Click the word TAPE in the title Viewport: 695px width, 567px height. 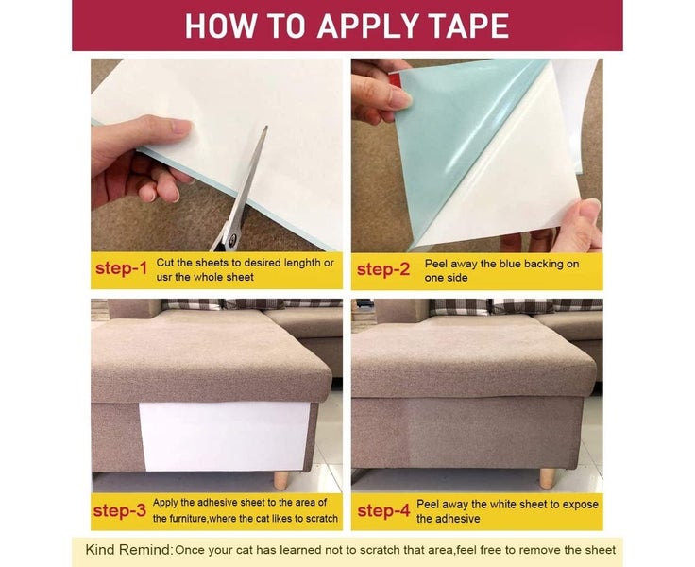[x=470, y=26]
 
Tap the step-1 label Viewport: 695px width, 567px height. [x=121, y=268]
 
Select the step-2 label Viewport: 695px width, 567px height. [x=383, y=269]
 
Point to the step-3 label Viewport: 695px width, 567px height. [x=120, y=510]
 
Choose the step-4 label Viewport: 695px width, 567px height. [x=383, y=510]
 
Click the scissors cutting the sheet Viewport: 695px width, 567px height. [x=242, y=191]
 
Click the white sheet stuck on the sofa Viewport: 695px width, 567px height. [x=225, y=436]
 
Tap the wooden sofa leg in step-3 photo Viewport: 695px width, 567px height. [x=281, y=480]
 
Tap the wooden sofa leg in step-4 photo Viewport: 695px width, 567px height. [x=547, y=479]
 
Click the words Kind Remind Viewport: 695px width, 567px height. [x=129, y=550]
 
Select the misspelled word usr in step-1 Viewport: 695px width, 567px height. [x=164, y=277]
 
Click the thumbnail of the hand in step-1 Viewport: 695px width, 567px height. [x=181, y=129]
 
